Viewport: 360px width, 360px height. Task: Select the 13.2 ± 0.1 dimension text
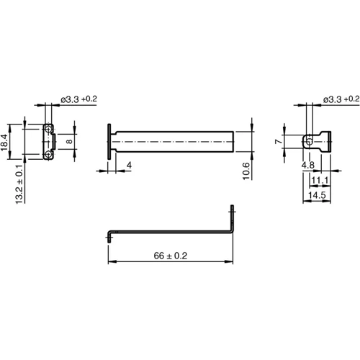point(20,184)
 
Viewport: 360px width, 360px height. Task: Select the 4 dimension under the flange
point(128,166)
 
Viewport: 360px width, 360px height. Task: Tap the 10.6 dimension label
point(246,170)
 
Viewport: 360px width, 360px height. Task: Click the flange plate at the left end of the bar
point(108,141)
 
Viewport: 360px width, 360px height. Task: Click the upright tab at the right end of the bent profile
point(233,219)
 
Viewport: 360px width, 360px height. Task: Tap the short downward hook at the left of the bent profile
point(109,236)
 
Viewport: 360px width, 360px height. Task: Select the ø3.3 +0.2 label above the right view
point(341,98)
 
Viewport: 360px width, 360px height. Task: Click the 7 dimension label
point(278,142)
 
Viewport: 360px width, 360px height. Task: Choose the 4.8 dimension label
point(307,165)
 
